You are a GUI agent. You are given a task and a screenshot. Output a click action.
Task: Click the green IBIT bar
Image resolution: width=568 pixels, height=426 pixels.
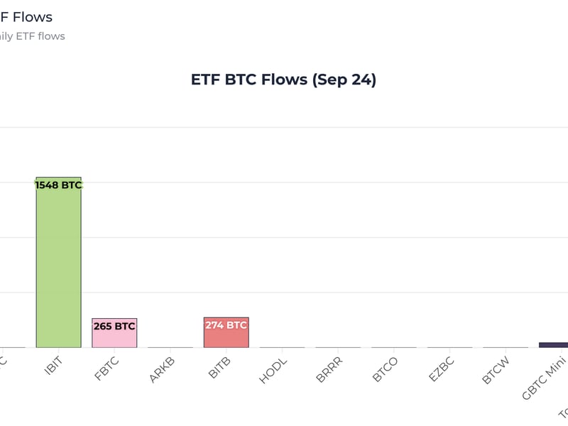(58, 263)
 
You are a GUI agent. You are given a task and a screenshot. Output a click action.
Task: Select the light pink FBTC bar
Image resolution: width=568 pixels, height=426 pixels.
(114, 337)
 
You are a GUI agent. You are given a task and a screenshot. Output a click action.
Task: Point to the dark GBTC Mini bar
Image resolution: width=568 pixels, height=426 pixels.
(554, 345)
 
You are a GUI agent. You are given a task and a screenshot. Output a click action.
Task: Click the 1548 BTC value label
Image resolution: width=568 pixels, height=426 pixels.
(58, 185)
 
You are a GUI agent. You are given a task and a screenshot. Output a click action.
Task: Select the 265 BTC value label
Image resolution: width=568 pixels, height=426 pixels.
(114, 327)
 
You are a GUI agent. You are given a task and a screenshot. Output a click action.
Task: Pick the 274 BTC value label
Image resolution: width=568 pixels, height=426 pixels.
(226, 326)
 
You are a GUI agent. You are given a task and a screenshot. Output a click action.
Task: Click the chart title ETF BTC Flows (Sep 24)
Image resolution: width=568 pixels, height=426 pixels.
(283, 80)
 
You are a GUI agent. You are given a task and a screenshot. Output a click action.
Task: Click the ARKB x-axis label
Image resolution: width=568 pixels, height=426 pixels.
(163, 369)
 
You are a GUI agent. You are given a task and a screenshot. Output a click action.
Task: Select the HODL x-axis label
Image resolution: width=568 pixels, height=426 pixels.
(275, 369)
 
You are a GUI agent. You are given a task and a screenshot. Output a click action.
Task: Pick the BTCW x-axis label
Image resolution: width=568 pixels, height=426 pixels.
(497, 369)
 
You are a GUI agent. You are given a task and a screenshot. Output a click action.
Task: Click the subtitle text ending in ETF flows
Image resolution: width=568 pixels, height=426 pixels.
(33, 36)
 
